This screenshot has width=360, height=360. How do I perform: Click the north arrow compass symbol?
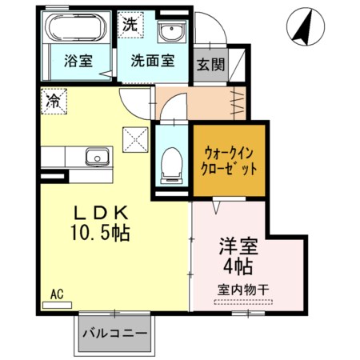(303, 26)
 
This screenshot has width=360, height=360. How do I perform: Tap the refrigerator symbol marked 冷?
(54, 101)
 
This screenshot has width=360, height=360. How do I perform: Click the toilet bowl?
(170, 164)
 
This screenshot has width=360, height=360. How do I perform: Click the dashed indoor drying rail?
(242, 302)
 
